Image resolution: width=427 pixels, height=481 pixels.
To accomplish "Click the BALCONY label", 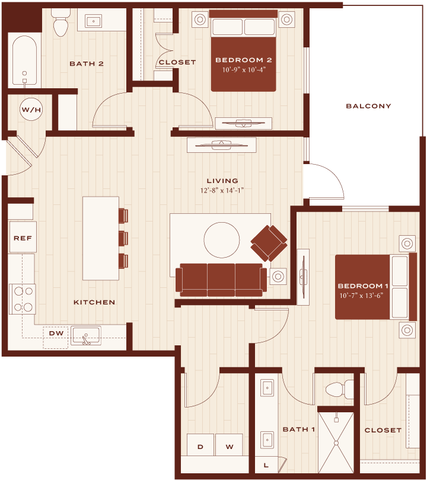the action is (368, 106).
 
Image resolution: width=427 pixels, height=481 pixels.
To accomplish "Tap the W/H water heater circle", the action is (31, 109).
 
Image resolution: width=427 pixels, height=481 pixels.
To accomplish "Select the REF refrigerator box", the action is (23, 237).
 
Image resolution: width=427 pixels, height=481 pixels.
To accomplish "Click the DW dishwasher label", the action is (56, 333).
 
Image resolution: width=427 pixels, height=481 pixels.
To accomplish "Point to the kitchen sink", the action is (86, 336).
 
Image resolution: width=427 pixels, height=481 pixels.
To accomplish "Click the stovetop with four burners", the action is (23, 299).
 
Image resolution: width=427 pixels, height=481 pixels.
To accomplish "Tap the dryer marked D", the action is (200, 445).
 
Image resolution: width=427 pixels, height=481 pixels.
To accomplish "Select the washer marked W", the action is (229, 445).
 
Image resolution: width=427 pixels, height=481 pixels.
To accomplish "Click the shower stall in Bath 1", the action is (336, 443).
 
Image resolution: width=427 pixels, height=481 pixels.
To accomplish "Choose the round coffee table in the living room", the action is (221, 240).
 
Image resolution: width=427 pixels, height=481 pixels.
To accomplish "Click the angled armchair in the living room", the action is (269, 243).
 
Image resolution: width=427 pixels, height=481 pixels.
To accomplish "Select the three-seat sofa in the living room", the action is (221, 280).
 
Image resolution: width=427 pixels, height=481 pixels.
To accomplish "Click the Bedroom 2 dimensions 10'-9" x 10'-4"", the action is (244, 70).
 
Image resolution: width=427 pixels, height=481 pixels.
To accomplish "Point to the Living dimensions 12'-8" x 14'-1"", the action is (222, 190).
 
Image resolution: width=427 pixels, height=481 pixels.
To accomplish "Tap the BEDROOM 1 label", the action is (363, 286).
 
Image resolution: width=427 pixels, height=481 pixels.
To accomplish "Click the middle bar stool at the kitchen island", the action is (123, 238).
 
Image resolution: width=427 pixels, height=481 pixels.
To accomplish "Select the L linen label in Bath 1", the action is (266, 465).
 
